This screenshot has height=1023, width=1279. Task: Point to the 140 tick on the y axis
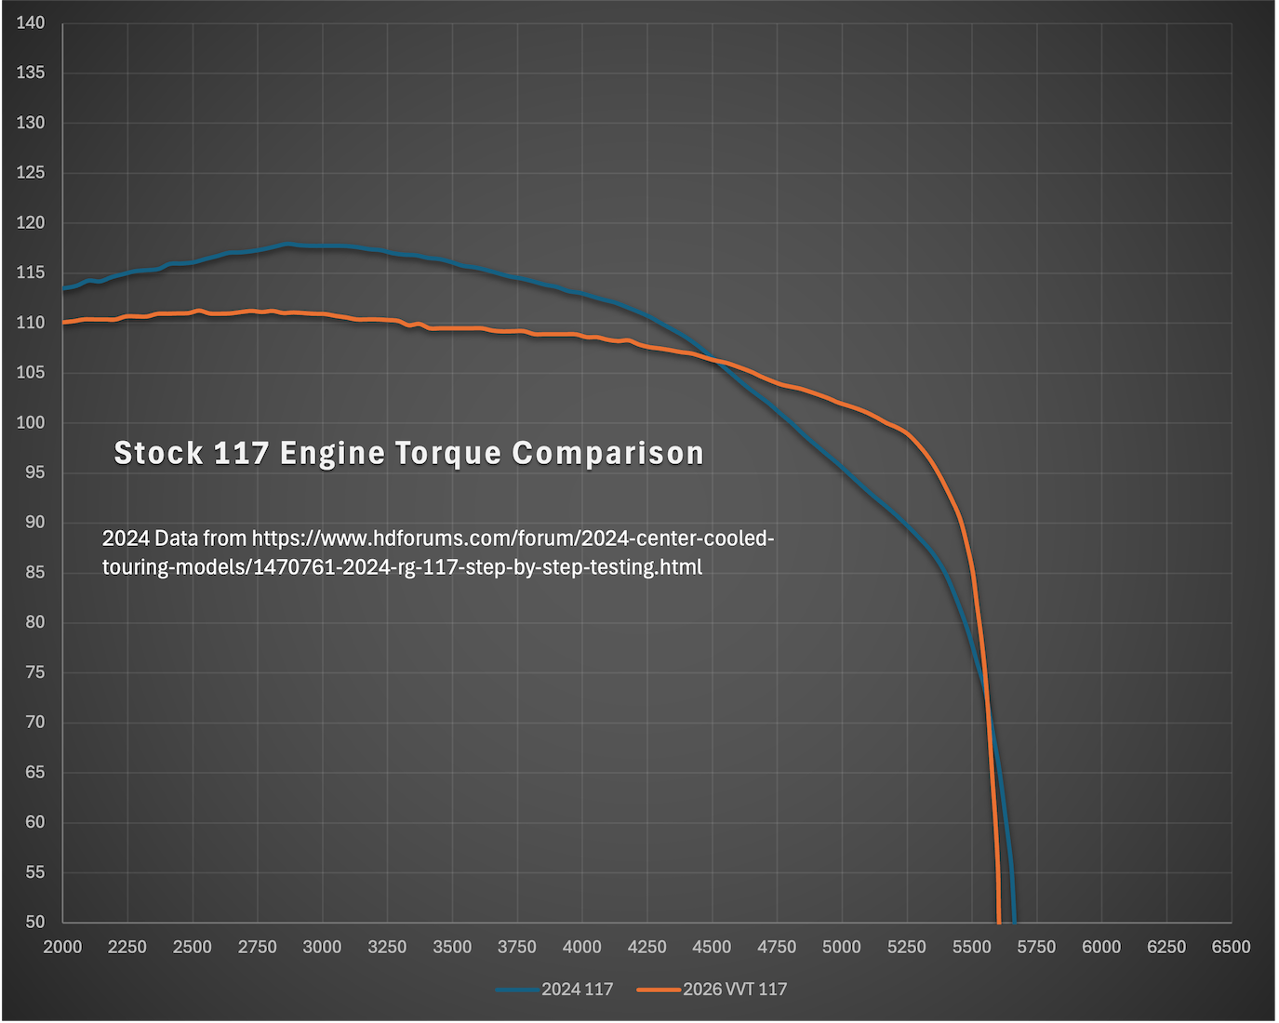point(31,23)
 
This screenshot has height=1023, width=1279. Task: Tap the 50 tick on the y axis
point(34,922)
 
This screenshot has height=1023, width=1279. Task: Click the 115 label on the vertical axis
point(31,272)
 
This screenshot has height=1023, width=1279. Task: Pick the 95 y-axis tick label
point(34,472)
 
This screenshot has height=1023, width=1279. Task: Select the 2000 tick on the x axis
point(63,947)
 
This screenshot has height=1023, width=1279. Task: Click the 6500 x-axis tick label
point(1231,947)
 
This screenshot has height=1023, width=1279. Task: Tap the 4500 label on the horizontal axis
point(712,947)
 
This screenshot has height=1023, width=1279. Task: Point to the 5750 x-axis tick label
point(1036,947)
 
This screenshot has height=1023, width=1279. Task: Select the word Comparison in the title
point(607,453)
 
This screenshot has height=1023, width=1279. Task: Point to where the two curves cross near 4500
point(714,360)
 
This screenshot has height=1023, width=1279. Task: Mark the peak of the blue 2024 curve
point(286,244)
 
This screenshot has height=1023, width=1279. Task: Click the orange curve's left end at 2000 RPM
point(63,322)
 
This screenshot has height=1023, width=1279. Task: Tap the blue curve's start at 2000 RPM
point(63,288)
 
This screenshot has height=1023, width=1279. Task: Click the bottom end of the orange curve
point(999,921)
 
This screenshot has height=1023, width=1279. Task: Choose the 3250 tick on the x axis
point(387,947)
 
